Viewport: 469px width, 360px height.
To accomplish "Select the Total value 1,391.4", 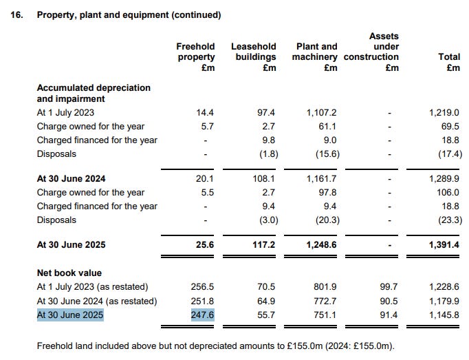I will (x=445, y=245).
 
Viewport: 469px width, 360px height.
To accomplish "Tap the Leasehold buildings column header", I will (x=253, y=57).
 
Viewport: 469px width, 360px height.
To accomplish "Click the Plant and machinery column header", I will (x=316, y=57).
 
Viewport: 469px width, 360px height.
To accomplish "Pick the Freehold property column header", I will (x=195, y=57).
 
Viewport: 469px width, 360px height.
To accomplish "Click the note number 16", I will (x=17, y=14).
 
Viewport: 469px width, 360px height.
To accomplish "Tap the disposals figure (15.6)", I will (x=327, y=153).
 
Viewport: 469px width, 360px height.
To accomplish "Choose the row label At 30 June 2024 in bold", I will (x=69, y=178).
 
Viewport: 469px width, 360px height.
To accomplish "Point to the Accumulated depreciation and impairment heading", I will (x=93, y=93).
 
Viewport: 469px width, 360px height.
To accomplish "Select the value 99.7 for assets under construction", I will (x=389, y=286).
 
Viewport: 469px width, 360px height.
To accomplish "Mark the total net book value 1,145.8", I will (x=445, y=315).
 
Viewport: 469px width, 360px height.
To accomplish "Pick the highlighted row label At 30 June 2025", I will (x=69, y=315).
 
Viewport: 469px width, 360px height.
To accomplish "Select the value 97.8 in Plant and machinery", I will (x=327, y=192).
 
